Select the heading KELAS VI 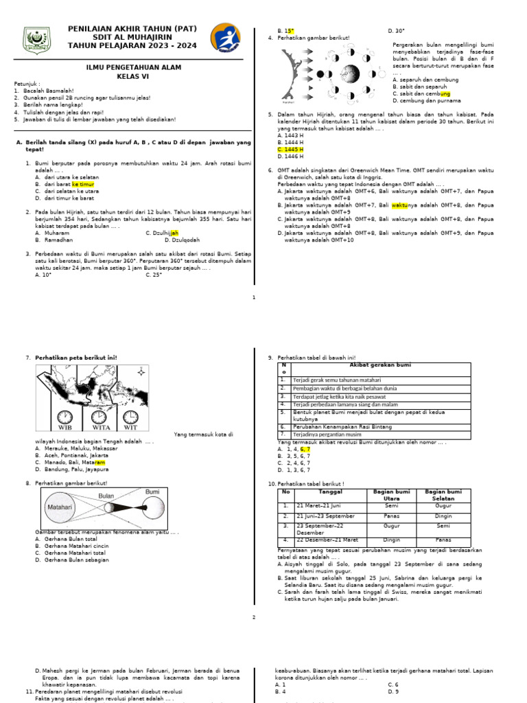132,76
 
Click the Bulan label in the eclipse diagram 106,495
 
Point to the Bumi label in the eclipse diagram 152,492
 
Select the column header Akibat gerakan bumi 382,366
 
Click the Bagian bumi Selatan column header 444,494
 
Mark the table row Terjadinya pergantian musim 329,435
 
